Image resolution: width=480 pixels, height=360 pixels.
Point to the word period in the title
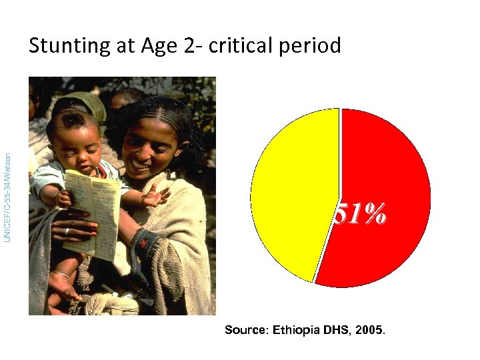(x=313, y=46)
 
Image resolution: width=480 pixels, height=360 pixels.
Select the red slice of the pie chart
(x=387, y=187)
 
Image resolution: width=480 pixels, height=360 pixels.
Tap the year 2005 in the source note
(x=370, y=330)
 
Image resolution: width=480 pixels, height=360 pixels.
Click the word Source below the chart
(x=246, y=330)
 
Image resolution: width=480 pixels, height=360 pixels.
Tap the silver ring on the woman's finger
(x=67, y=231)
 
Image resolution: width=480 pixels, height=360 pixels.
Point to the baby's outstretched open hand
(x=155, y=195)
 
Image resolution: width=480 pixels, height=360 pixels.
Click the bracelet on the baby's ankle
(x=60, y=274)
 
